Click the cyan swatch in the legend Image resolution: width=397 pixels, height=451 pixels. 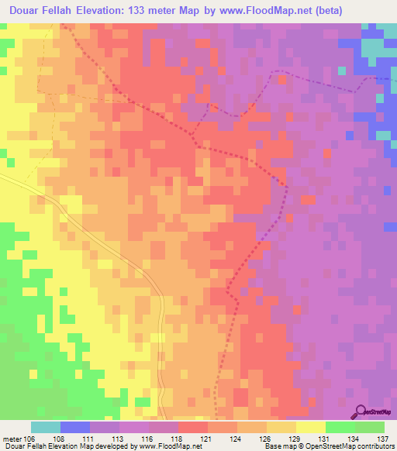(45, 427)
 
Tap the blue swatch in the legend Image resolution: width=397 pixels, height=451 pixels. (74, 427)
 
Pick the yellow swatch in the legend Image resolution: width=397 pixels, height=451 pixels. (310, 427)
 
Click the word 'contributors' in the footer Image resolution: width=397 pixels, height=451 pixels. (376, 446)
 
